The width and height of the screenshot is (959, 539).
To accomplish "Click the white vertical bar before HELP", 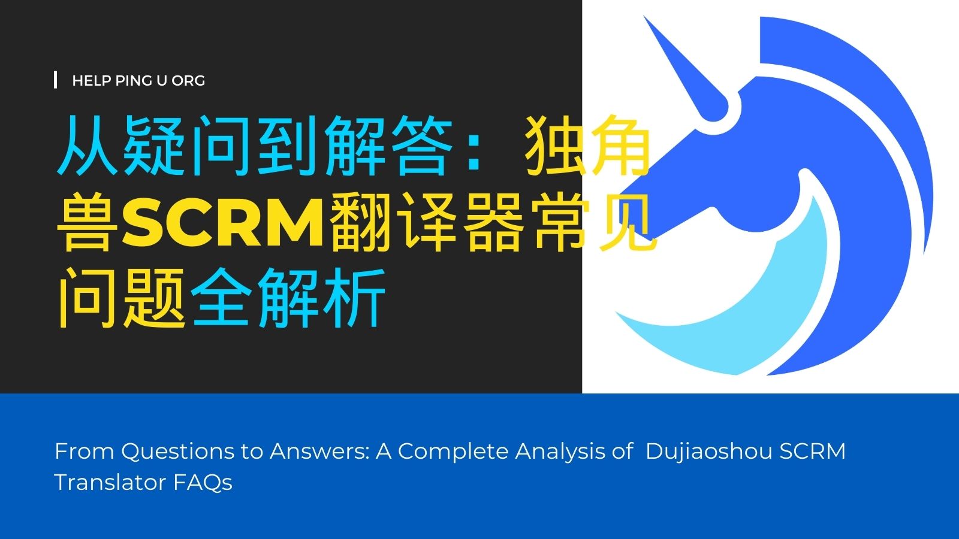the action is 56,80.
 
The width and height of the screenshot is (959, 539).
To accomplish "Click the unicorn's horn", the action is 685,68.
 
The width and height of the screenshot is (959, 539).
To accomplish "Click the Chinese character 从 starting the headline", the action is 88,146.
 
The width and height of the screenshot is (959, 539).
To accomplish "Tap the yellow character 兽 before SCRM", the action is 88,222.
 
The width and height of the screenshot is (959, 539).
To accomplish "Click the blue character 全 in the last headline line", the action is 222,298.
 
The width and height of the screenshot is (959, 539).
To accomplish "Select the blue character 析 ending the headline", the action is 355,298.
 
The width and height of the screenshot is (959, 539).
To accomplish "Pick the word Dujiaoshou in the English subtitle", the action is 708,452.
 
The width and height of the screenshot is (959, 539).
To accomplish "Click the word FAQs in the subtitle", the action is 203,483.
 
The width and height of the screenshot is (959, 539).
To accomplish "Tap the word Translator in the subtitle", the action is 110,483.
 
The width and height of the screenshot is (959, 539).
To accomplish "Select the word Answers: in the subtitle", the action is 319,452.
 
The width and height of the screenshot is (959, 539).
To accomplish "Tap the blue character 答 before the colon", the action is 421,146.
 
